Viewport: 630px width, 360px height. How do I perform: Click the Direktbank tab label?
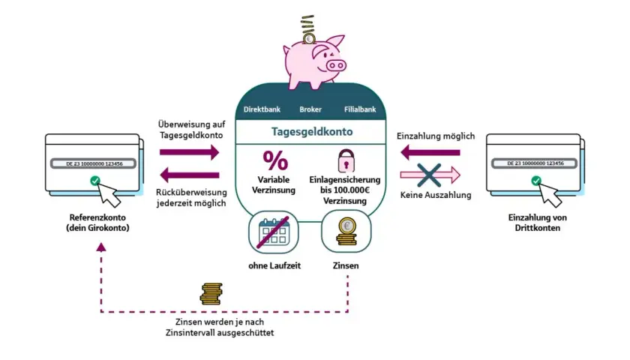click(262, 109)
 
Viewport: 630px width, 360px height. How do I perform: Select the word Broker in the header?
click(310, 109)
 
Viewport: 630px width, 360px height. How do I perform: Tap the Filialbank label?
click(360, 109)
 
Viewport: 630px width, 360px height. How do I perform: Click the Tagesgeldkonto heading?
click(312, 132)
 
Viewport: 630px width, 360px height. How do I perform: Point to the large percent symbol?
click(276, 160)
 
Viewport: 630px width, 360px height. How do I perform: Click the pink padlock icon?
click(346, 160)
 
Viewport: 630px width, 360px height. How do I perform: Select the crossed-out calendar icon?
click(274, 232)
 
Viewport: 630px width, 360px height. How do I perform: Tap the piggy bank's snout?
click(336, 65)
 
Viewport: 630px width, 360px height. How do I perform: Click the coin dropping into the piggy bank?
click(308, 38)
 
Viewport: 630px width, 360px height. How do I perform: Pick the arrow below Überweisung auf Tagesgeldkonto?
click(190, 152)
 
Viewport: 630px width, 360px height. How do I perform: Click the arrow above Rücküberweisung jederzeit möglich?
click(190, 175)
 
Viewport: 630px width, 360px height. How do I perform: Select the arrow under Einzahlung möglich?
click(430, 153)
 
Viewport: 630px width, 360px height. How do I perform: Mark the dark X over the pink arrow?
click(429, 175)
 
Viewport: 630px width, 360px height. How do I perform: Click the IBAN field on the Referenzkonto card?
click(94, 163)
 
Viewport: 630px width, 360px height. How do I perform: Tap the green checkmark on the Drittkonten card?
click(536, 181)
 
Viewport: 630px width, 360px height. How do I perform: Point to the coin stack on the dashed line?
click(211, 294)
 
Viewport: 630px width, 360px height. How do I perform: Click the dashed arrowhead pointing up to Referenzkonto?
click(101, 247)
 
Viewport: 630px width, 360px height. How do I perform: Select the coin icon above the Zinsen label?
click(346, 232)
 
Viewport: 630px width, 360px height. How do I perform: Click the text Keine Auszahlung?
click(436, 195)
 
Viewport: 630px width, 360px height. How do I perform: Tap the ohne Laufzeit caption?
click(274, 265)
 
